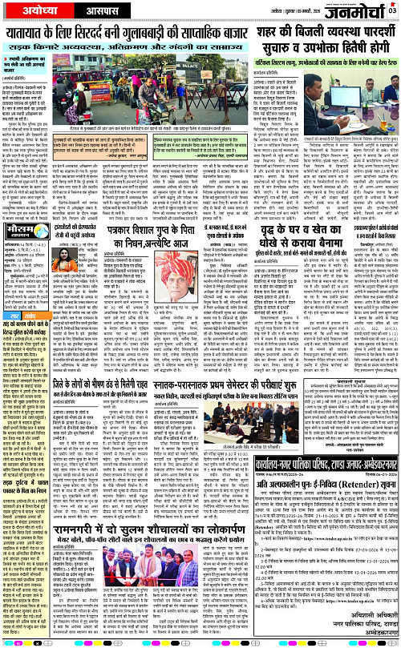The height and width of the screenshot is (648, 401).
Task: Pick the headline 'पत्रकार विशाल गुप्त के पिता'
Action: pos(193,220)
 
